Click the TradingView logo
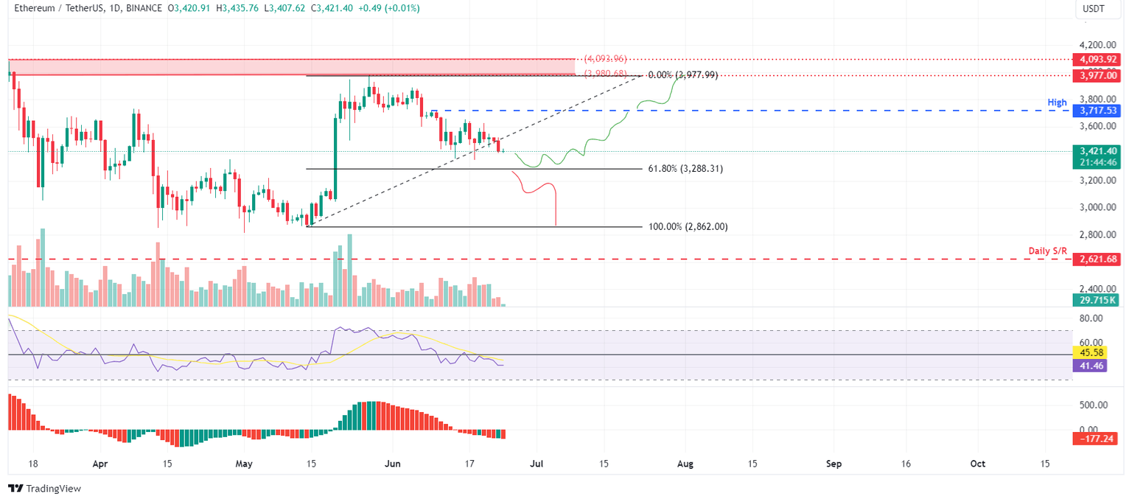coord(44,488)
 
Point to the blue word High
coord(1058,101)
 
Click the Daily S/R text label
coord(1047,251)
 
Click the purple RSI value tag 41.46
coord(1091,365)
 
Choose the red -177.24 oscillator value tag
coord(1095,439)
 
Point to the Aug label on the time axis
coord(685,464)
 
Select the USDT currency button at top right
coord(1093,10)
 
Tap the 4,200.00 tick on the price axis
coord(1096,45)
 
